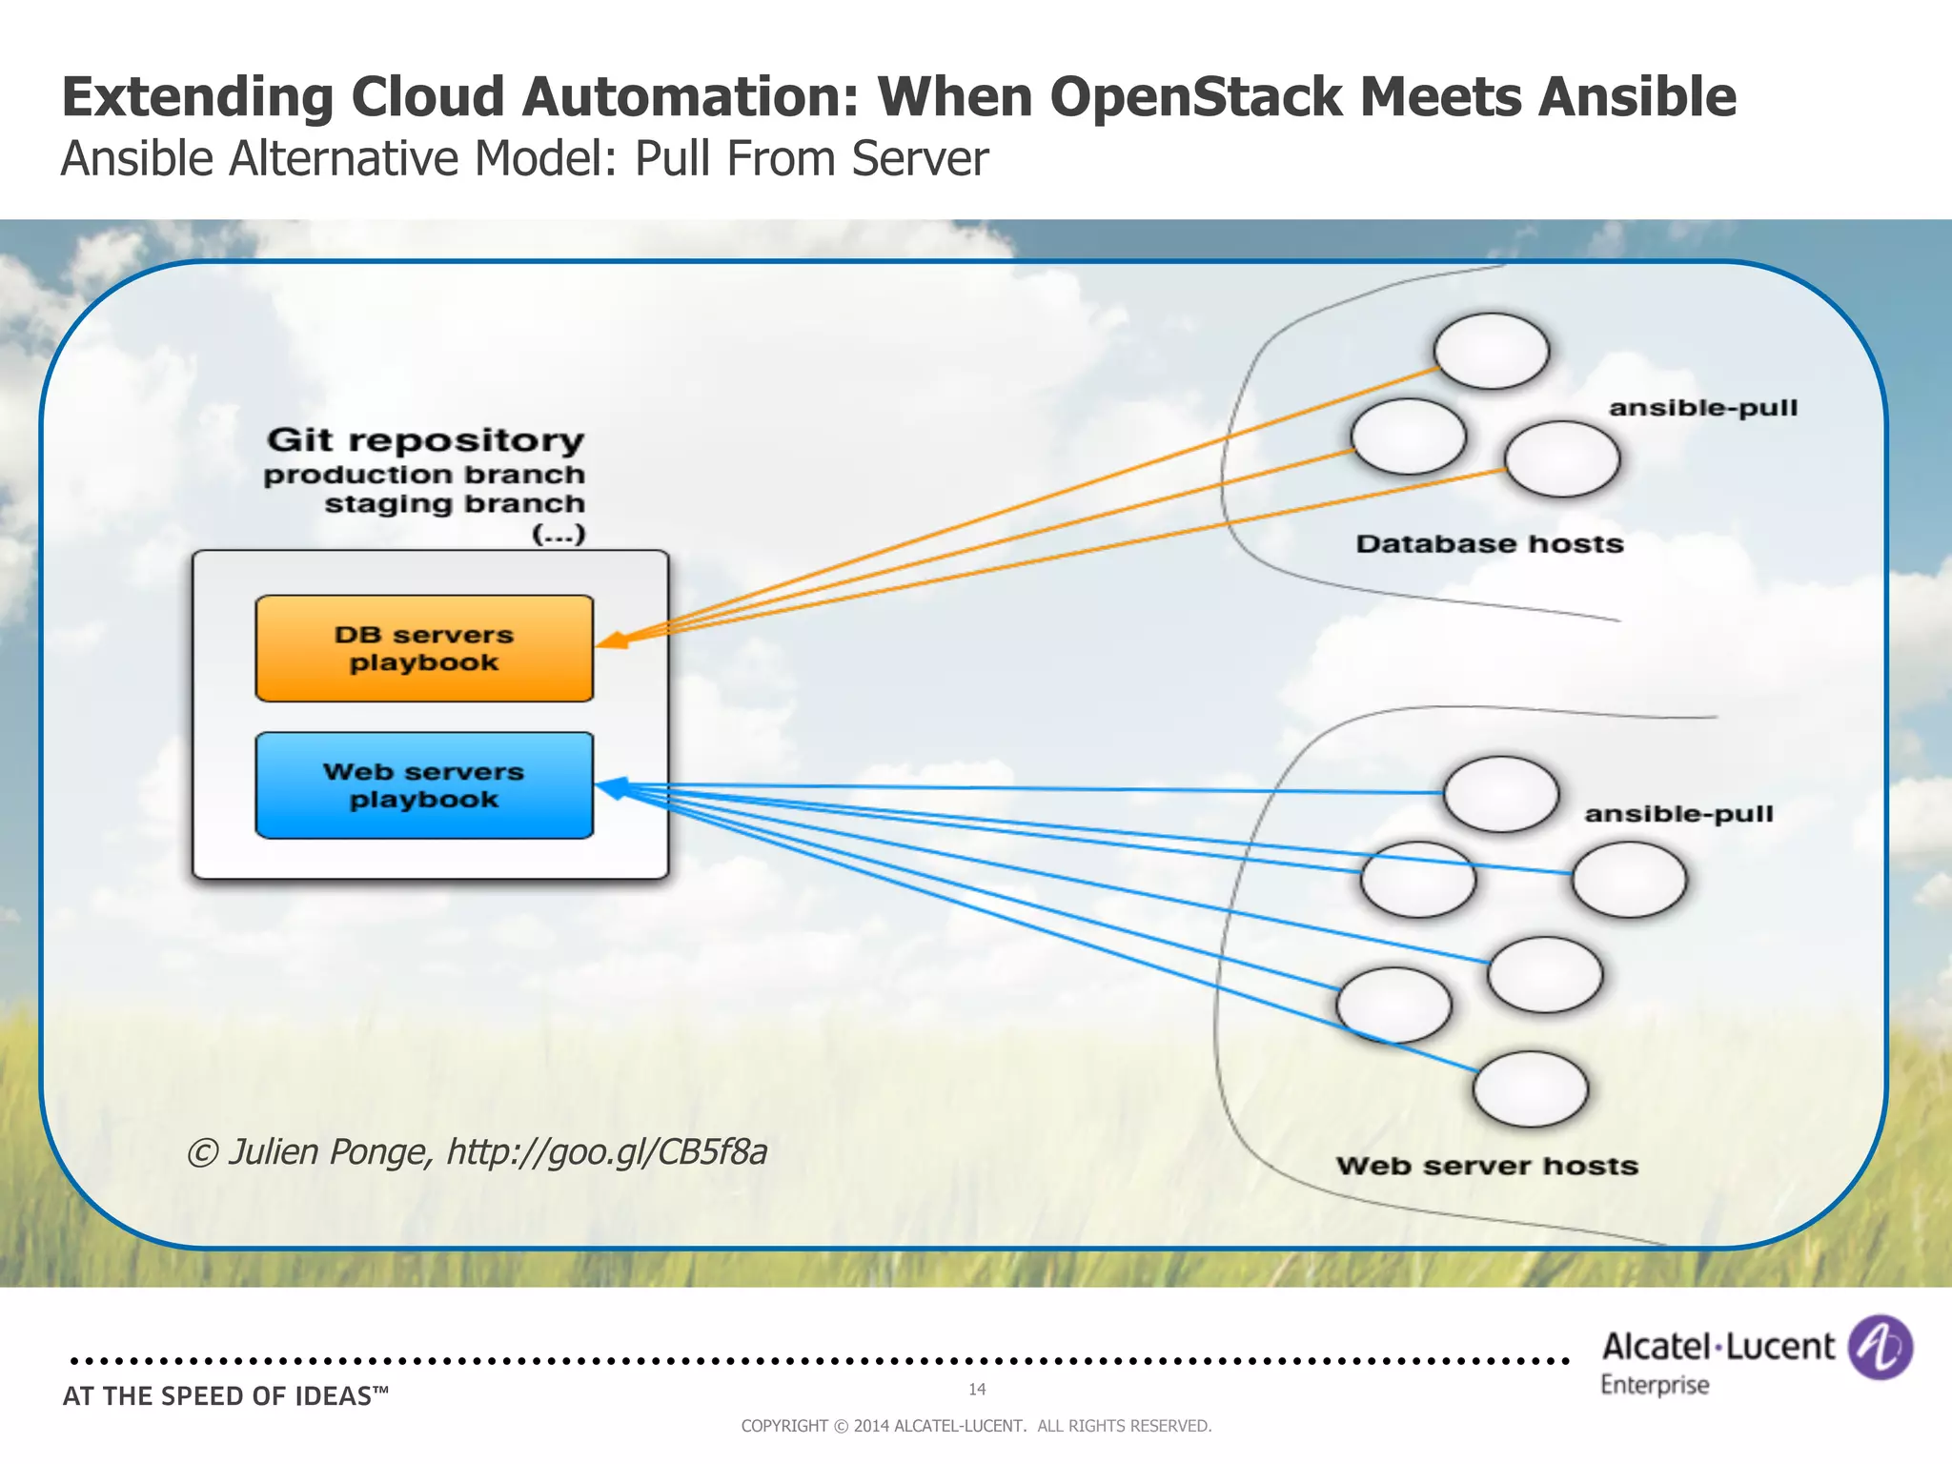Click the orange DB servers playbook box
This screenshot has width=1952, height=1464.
(424, 649)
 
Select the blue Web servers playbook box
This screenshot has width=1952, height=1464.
(424, 785)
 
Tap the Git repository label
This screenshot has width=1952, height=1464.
(425, 440)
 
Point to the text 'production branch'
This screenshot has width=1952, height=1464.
(424, 475)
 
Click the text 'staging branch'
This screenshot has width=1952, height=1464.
(455, 503)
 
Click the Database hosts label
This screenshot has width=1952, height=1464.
(1490, 544)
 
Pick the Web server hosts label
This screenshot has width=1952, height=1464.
(1487, 1166)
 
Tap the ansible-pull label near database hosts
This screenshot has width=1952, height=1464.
(1703, 408)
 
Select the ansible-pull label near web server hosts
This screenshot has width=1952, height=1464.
(1678, 814)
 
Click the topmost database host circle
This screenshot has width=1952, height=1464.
(1492, 352)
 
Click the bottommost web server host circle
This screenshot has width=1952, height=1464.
(1531, 1089)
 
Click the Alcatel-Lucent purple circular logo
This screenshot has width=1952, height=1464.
(1880, 1347)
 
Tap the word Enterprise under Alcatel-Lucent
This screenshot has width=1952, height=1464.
(1655, 1385)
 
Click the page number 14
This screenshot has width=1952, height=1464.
(977, 1390)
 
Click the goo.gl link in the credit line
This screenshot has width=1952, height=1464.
(607, 1152)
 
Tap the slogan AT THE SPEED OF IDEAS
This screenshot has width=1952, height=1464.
(226, 1396)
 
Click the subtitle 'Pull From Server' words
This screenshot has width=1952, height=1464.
(811, 159)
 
